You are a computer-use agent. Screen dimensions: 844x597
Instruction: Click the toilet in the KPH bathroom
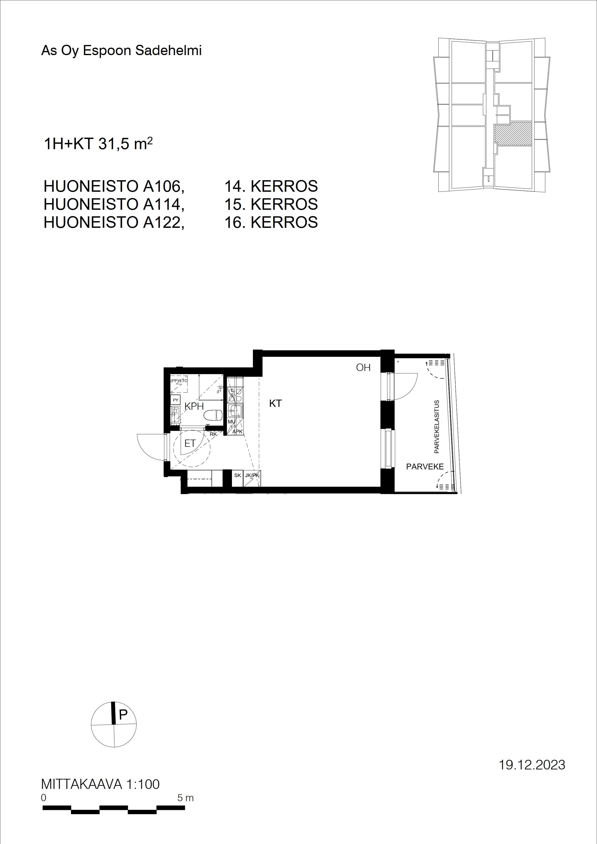214,415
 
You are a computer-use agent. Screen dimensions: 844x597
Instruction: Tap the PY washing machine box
175,400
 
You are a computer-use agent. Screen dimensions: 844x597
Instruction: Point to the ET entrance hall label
190,444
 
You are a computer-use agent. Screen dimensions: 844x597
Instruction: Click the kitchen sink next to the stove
235,411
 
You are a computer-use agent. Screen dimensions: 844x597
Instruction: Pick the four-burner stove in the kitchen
235,394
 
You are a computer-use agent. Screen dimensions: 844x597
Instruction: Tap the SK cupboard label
238,475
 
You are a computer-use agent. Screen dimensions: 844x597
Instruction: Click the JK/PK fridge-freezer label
252,475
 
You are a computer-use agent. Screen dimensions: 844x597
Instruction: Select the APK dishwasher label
238,431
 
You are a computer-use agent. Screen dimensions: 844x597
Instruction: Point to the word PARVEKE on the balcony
425,467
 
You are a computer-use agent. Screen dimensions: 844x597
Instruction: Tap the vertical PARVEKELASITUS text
437,426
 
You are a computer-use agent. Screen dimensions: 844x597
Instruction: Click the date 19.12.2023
532,765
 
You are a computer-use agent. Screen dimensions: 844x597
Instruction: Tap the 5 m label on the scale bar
185,798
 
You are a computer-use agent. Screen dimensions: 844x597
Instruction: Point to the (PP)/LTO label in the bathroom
179,380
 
